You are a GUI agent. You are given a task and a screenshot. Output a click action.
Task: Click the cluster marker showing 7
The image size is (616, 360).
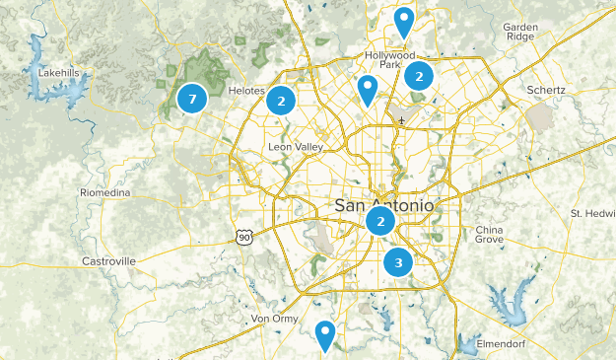tap(192, 98)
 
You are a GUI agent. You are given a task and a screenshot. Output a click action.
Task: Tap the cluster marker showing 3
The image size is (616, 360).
tap(398, 262)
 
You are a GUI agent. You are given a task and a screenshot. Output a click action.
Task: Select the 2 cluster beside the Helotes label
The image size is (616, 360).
tap(282, 100)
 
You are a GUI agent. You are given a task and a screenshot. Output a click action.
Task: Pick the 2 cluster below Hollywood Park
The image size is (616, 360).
tap(419, 75)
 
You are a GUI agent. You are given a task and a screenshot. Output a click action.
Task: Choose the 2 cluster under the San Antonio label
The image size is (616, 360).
tap(380, 222)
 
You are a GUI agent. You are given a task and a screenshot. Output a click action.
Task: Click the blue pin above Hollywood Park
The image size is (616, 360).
tap(404, 22)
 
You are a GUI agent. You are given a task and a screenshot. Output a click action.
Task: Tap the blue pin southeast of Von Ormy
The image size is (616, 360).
tap(325, 335)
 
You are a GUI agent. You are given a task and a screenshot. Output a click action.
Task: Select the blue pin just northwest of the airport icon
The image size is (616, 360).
tap(368, 91)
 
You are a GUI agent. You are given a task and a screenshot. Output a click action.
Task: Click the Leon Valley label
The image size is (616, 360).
tap(294, 148)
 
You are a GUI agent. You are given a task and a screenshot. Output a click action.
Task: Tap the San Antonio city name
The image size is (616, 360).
tap(383, 205)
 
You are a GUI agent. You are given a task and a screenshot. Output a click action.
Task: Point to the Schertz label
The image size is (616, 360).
tap(545, 90)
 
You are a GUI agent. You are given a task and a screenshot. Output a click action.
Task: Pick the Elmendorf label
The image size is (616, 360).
tap(504, 343)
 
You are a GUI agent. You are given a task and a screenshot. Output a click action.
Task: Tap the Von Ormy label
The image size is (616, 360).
tap(274, 319)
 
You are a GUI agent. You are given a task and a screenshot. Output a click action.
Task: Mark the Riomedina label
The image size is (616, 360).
tap(105, 192)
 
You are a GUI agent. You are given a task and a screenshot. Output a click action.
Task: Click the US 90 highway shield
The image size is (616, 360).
tap(243, 237)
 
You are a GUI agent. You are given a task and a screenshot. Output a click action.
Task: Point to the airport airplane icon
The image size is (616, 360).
tap(401, 120)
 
